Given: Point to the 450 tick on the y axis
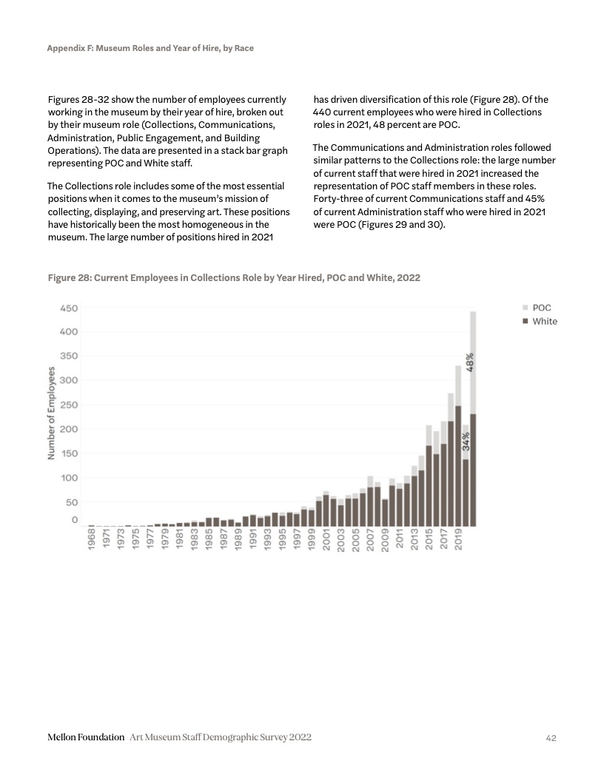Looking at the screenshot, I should click(69, 308).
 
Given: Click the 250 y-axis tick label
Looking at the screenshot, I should click(69, 405).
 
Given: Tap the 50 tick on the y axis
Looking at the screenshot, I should click(72, 502).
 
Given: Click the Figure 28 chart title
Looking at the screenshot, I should click(234, 277).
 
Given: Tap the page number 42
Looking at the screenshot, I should click(551, 738).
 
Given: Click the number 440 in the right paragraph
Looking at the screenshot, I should click(324, 112).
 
